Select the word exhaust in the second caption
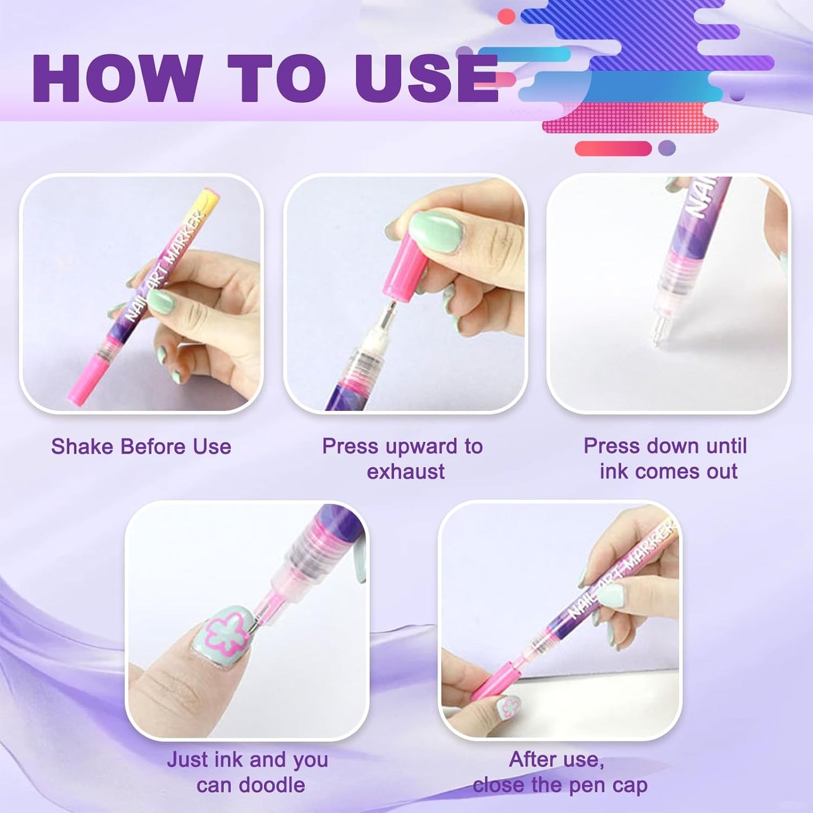tap(406, 471)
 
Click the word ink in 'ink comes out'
tap(613, 471)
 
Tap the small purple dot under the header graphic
tap(667, 149)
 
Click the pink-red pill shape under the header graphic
tap(613, 149)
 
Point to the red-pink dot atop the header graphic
tap(506, 17)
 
